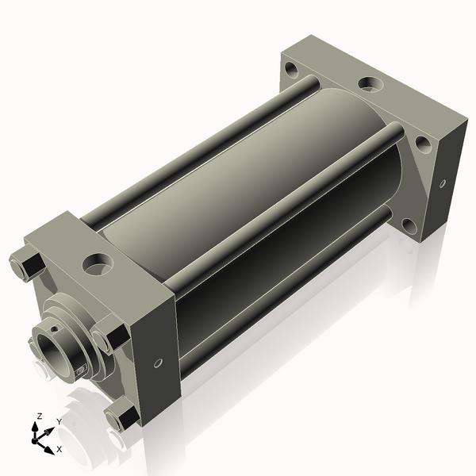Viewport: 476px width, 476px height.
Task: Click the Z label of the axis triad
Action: [40, 416]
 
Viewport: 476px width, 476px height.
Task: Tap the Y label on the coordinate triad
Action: [59, 422]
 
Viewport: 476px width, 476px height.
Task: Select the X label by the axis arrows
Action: [59, 449]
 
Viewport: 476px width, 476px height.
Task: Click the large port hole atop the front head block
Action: [98, 263]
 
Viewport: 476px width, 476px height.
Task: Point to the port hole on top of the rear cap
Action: [371, 84]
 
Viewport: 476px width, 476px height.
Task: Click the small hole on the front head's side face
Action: [158, 363]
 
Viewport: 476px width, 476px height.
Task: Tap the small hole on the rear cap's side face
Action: [443, 183]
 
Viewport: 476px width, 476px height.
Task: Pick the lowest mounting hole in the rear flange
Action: [409, 226]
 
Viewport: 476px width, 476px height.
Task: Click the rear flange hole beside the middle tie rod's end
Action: [423, 145]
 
